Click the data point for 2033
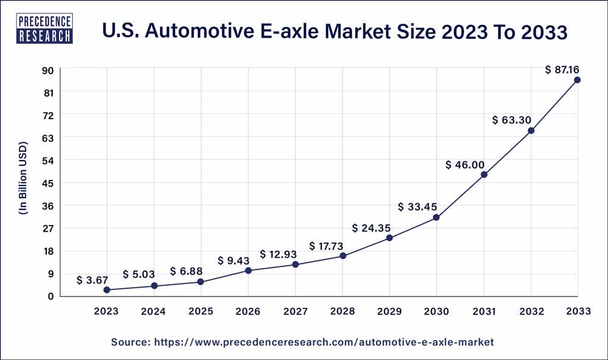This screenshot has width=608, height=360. click(577, 80)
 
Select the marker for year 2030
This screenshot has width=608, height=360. click(436, 217)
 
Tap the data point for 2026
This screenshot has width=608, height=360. click(248, 270)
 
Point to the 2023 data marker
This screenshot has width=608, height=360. click(107, 290)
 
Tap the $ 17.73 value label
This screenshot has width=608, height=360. click(328, 246)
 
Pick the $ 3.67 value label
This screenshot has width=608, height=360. click(92, 280)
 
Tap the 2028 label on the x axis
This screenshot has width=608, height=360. click(342, 311)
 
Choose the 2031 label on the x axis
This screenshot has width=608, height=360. click(484, 311)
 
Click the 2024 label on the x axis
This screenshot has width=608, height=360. click(154, 311)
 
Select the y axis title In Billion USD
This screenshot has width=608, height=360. click(23, 182)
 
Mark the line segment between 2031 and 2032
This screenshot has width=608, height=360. click(508, 153)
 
